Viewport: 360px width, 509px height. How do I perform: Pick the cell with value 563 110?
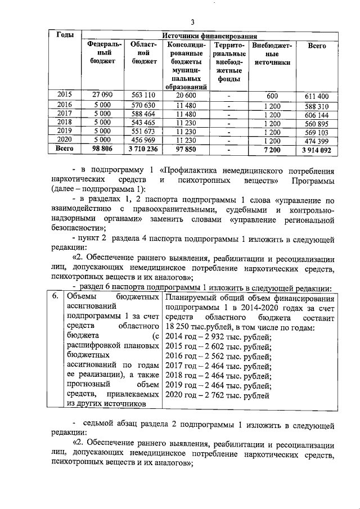pyautogui.click(x=142, y=96)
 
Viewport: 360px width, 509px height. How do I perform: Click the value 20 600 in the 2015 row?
pyautogui.click(x=185, y=96)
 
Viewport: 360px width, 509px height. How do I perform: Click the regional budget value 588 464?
pyautogui.click(x=142, y=114)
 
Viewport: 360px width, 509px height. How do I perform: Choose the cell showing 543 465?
pyautogui.click(x=142, y=123)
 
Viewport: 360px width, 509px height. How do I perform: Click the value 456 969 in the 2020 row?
pyautogui.click(x=142, y=140)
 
